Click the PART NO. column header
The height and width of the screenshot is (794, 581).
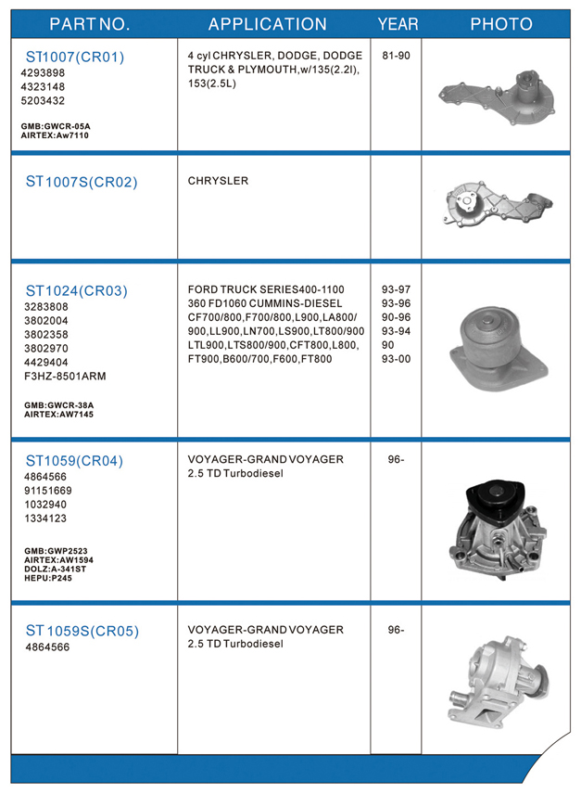click(89, 24)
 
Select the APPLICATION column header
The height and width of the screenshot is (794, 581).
click(267, 24)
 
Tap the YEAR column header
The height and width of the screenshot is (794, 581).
click(398, 24)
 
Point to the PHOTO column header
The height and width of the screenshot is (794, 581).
click(501, 24)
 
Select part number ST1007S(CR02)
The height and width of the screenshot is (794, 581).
click(82, 182)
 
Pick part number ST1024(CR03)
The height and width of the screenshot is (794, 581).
click(76, 290)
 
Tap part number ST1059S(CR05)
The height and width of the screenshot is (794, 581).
click(82, 632)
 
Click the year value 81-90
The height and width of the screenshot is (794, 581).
click(396, 56)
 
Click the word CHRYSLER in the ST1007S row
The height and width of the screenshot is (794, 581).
click(218, 181)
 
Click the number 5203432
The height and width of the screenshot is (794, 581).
click(43, 100)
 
